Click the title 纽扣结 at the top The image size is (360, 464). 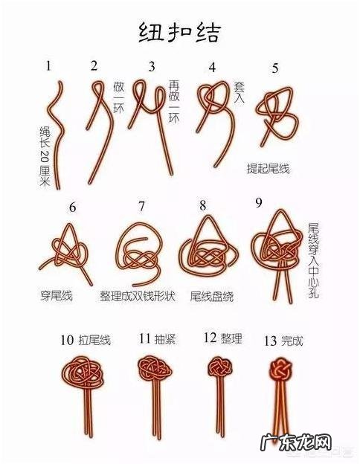coord(179,31)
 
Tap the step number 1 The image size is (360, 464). coord(49,66)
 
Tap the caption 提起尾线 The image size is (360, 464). coord(268,169)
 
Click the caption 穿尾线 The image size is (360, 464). coord(56,296)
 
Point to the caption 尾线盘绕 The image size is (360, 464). coord(212,296)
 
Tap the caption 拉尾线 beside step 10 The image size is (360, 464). coord(94,341)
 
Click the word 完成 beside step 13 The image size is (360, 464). coord(292,341)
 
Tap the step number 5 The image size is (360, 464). coord(275,68)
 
